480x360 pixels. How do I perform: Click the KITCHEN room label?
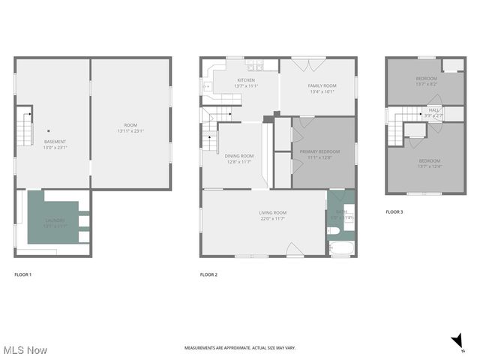[246, 80]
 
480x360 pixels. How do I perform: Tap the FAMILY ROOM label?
[322, 85]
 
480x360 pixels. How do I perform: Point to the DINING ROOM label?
[239, 156]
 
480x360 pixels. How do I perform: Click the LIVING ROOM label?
[272, 213]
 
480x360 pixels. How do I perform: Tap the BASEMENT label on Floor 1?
[55, 142]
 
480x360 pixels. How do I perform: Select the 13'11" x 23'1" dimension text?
[130, 131]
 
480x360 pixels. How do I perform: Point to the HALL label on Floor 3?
[434, 109]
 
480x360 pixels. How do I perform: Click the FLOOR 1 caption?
[23, 275]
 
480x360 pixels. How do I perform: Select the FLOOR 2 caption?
[208, 275]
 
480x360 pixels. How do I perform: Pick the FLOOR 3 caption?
[394, 212]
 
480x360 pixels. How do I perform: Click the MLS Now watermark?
[25, 350]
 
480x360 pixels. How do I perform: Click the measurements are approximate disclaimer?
[240, 348]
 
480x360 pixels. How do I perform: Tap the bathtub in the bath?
[341, 249]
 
